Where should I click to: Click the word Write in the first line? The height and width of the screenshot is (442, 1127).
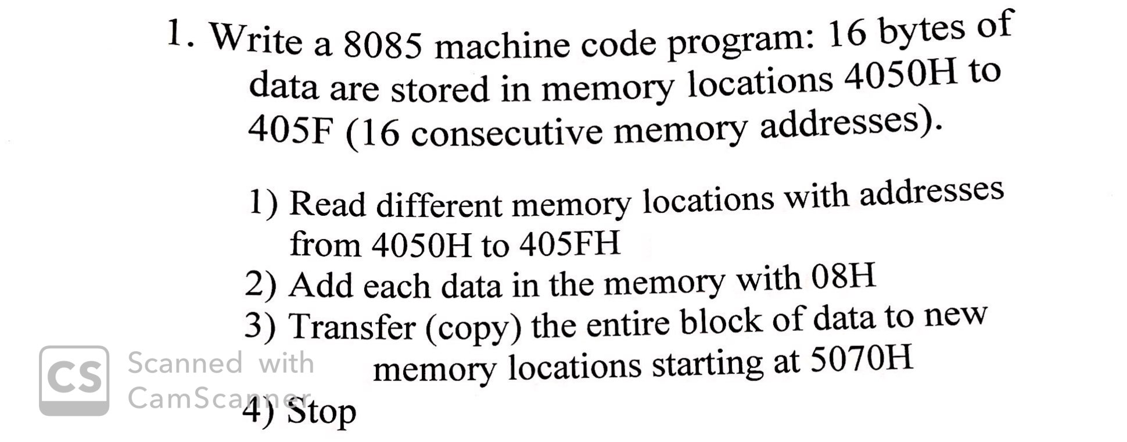point(256,40)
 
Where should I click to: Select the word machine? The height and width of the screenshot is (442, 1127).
point(502,45)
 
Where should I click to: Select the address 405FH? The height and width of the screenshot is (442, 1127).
point(570,243)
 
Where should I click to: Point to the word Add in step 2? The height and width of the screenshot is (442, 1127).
point(321,285)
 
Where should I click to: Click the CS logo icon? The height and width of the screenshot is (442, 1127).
point(74,380)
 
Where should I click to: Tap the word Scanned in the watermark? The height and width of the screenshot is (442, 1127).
point(185,363)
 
